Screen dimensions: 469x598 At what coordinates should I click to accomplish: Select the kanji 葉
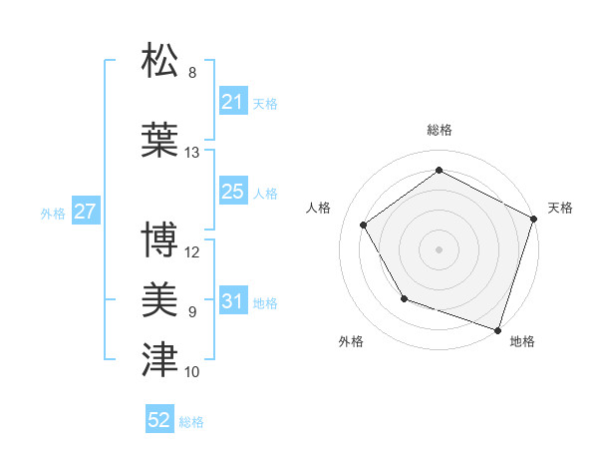pyautogui.click(x=160, y=140)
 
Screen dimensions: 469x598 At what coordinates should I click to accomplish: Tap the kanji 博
pyautogui.click(x=160, y=240)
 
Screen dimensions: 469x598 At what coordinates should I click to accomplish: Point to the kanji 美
pyautogui.click(x=160, y=300)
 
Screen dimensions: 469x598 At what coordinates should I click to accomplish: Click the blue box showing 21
pyautogui.click(x=233, y=102)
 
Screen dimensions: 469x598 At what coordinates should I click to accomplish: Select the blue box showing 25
pyautogui.click(x=233, y=193)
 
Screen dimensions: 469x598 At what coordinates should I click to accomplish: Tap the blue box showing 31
pyautogui.click(x=233, y=301)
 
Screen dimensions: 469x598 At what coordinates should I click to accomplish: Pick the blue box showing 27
pyautogui.click(x=86, y=212)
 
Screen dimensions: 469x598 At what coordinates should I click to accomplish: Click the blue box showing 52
pyautogui.click(x=159, y=421)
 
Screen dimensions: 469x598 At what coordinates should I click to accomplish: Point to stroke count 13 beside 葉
pyautogui.click(x=192, y=153)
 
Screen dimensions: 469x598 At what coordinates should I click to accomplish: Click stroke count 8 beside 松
pyautogui.click(x=192, y=73)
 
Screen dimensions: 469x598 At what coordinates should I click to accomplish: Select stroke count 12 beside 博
pyautogui.click(x=192, y=252)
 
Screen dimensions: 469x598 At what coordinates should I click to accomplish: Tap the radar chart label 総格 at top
pyautogui.click(x=440, y=130)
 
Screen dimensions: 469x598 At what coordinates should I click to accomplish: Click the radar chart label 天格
pyautogui.click(x=560, y=208)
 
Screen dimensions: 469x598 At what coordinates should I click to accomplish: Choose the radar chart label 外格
pyautogui.click(x=351, y=341)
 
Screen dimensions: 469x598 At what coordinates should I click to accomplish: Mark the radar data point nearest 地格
pyautogui.click(x=497, y=329)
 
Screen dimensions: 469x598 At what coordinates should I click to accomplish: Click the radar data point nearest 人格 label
pyautogui.click(x=364, y=225)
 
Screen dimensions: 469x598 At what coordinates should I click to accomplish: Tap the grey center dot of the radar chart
pyautogui.click(x=439, y=248)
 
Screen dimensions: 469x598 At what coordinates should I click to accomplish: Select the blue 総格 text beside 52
pyautogui.click(x=191, y=422)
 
